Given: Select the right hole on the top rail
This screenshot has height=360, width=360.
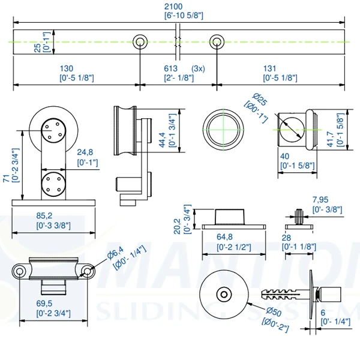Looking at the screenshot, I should pos(217,41).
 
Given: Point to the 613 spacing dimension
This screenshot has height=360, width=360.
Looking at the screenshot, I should pos(174,68).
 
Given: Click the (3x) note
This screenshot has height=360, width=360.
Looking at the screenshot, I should pos(199,68).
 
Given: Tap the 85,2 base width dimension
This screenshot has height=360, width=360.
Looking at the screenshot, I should pos(54,215).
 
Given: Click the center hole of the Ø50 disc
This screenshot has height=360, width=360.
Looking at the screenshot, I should pos(224,295).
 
